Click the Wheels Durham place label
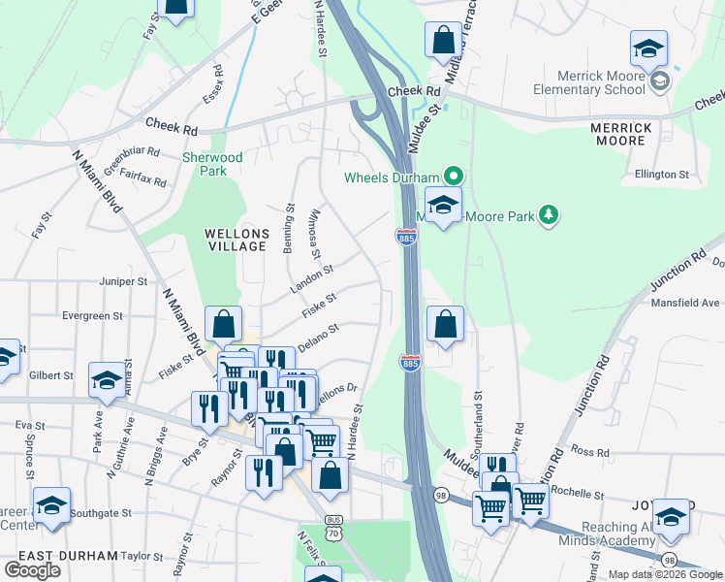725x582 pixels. pos(392,178)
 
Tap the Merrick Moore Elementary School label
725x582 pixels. pos(601,82)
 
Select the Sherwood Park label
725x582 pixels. pos(212,164)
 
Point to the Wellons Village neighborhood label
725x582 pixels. pos(236,240)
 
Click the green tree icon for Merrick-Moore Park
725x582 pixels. pos(550,214)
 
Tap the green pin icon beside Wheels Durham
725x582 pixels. pos(452,177)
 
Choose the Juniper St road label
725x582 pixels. pos(122,282)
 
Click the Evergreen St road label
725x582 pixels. pos(92,316)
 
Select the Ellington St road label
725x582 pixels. pos(662,176)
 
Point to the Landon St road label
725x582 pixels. pos(311,279)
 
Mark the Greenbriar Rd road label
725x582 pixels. pos(132,158)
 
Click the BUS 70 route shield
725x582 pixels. pos(334,527)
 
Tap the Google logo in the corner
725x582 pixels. pos(33,569)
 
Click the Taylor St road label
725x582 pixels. pos(142,557)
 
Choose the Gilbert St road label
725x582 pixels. pos(50,375)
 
